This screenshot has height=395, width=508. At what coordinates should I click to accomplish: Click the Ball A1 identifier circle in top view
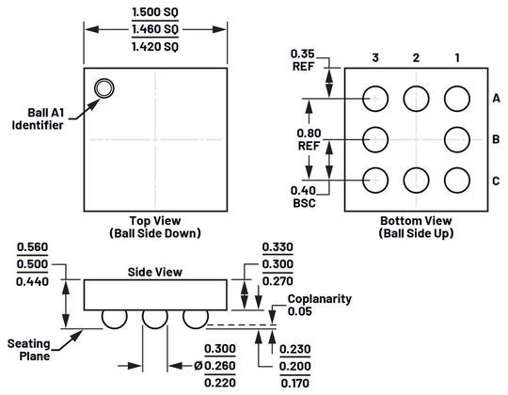tap(103, 89)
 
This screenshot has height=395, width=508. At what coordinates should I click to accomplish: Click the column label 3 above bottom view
tap(374, 58)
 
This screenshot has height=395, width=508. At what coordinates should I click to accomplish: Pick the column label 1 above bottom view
tap(457, 58)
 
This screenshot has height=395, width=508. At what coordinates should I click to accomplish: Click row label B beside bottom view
tap(495, 139)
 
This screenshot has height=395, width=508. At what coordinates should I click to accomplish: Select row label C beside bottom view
tap(495, 180)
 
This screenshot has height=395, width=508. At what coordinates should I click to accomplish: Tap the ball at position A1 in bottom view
tap(457, 98)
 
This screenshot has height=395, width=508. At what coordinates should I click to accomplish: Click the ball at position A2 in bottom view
tap(416, 98)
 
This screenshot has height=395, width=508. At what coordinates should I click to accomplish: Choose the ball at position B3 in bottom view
tap(374, 138)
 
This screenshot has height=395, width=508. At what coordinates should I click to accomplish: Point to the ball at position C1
tap(457, 179)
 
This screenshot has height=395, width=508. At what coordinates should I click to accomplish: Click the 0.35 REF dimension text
tap(304, 59)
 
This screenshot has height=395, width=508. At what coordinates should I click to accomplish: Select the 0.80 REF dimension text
tap(308, 139)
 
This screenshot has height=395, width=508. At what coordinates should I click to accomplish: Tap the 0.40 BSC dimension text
tap(304, 196)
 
